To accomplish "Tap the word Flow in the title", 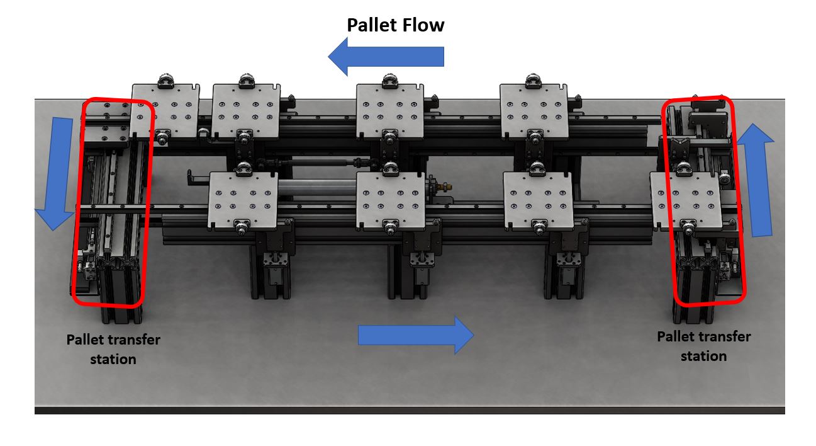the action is coord(423,25).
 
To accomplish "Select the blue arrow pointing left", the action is coord(386,57).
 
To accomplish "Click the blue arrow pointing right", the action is coord(416,335).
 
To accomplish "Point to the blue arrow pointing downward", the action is coord(57,173).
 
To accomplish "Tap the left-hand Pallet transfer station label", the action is coord(113,350).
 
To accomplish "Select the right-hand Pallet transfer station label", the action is coord(704,346).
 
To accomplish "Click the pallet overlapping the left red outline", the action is coord(165,110).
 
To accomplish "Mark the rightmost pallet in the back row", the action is coord(534,110).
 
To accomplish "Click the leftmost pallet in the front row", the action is coord(243,200).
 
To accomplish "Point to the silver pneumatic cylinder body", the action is coord(317,188).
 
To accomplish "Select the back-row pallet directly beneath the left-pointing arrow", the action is coord(390,110).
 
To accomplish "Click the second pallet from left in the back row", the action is coord(246,110).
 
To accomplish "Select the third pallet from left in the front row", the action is coord(538,200).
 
